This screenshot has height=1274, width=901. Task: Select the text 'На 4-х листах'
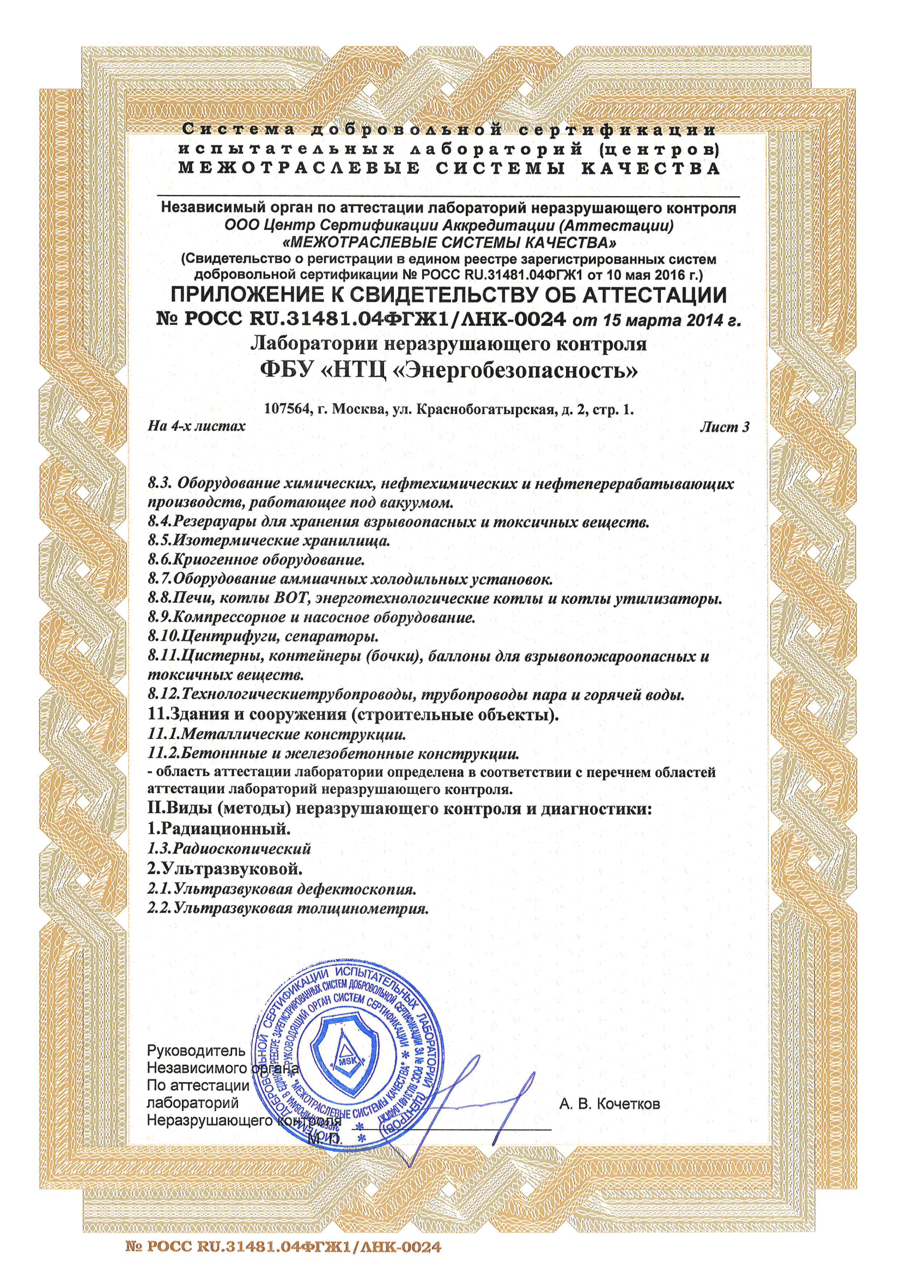[x=197, y=426]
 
